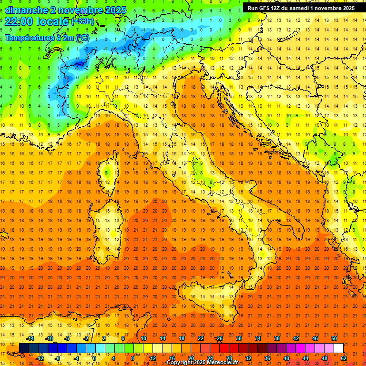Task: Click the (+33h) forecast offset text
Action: pyautogui.click(x=82, y=21)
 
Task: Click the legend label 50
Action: pyautogui.click(x=334, y=338)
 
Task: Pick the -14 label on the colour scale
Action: pyautogui.click(x=30, y=338)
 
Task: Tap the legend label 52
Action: pyautogui.click(x=344, y=358)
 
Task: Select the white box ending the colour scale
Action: pyautogui.click(x=338, y=348)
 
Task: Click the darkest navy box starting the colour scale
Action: pyautogui.click(x=24, y=348)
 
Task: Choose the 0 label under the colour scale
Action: pyautogui.click(x=94, y=358)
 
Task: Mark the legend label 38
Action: pyautogui.click(x=276, y=338)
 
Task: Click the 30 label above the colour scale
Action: pyautogui.click(x=238, y=338)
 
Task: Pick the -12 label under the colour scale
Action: pyautogui.click(x=40, y=358)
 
